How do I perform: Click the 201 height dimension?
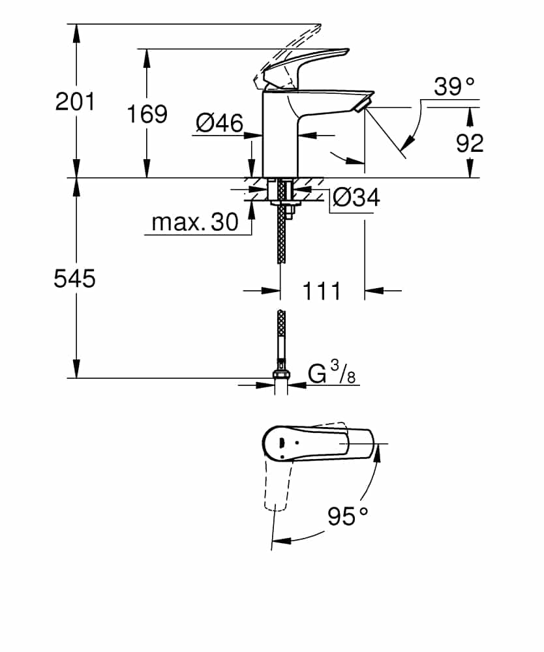pos(75,101)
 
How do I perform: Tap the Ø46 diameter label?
pos(219,122)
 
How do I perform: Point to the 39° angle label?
pos(454,87)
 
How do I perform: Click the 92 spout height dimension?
pos(470,142)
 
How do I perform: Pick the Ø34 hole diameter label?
pos(355,197)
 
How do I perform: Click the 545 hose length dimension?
pos(74,278)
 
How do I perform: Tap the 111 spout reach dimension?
pos(322,291)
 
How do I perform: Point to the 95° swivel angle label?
pos(348,516)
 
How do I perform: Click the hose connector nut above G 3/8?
pos(281,373)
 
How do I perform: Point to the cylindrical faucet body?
pos(279,137)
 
